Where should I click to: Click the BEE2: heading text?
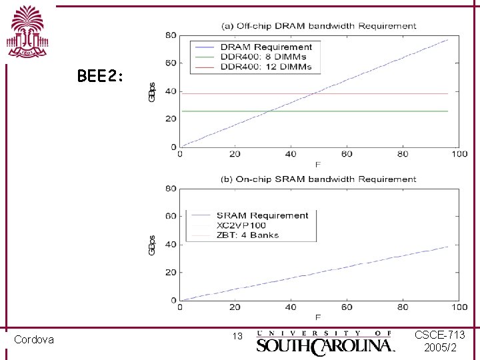100,77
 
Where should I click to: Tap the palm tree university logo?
27,32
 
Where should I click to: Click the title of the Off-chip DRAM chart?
319,26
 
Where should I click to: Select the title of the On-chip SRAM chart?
319,179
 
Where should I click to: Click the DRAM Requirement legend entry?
265,47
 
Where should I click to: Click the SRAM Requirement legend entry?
262,215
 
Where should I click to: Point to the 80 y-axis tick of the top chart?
171,35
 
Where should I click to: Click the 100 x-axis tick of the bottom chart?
459,307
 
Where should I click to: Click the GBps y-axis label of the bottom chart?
153,244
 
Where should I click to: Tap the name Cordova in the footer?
34,340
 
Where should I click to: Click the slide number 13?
237,336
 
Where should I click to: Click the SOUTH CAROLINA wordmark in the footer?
325,345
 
